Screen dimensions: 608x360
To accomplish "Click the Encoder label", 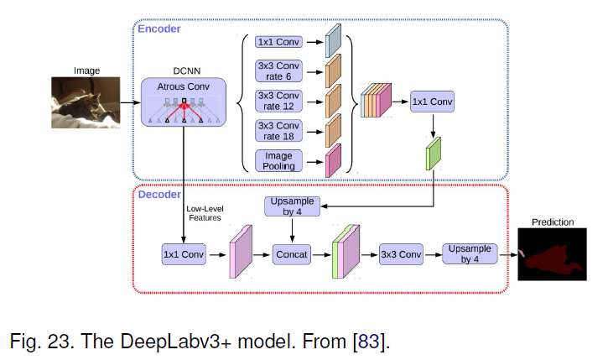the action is coord(159,29).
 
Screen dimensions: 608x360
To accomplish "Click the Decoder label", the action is coord(159,195).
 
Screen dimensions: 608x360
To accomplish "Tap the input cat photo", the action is coord(86,102).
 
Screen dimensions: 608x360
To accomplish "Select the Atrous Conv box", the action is coord(184,102).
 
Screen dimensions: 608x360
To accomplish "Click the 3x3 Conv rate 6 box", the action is coord(278,71).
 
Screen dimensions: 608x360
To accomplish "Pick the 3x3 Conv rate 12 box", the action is coord(278,101).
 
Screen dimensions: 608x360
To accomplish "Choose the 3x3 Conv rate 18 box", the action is coord(278,131).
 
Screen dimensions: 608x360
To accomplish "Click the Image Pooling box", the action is coord(278,161).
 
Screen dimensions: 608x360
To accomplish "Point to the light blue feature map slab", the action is coord(333,41).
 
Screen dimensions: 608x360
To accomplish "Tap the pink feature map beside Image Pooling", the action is coord(333,161).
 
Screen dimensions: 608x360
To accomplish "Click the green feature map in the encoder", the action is coord(434,154).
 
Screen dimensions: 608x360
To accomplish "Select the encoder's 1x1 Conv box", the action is coord(432,102).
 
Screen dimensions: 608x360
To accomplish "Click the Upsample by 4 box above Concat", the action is coord(292,206).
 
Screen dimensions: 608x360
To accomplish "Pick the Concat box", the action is coord(292,254).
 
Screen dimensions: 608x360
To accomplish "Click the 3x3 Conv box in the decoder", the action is coord(401,254).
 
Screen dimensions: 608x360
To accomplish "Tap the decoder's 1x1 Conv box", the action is coord(184,254).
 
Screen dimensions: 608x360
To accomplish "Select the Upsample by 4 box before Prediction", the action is coord(470,254).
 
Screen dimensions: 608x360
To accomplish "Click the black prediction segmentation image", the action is coord(552,254).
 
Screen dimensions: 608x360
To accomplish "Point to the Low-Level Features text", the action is coord(205,213).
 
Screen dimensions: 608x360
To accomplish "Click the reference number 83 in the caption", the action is coord(369,342).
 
